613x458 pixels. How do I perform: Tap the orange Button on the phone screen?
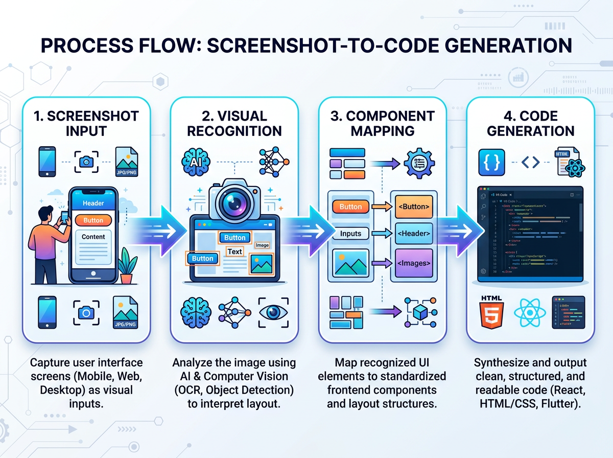(93, 220)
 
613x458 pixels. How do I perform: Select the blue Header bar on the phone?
(93, 203)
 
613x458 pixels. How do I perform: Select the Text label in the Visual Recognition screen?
(234, 251)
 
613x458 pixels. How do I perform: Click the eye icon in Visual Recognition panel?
(272, 312)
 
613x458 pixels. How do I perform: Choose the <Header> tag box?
(413, 234)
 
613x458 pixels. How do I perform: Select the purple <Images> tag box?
(413, 263)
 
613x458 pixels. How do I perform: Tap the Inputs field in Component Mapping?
(350, 234)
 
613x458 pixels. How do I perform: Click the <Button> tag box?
(413, 207)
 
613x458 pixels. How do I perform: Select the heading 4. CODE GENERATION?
(531, 123)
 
